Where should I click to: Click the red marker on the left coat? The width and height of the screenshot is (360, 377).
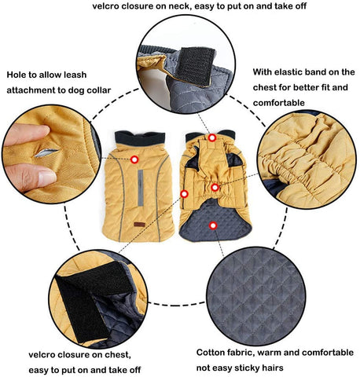(134, 159)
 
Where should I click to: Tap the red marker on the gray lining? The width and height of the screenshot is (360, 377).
(214, 225)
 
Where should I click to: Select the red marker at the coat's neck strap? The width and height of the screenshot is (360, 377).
(212, 137)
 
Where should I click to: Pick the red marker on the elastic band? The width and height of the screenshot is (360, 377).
(215, 188)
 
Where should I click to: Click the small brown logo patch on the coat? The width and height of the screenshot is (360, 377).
(139, 225)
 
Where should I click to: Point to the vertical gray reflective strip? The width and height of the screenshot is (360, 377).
(141, 188)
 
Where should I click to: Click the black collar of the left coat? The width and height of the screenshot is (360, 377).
(140, 138)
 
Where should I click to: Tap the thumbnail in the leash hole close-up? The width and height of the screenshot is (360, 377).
(47, 178)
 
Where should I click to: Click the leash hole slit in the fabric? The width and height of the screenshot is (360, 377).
(46, 153)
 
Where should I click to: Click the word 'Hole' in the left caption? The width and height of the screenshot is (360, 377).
(17, 75)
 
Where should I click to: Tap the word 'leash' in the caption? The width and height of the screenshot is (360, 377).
(74, 75)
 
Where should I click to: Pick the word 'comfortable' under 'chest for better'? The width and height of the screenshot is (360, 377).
(279, 103)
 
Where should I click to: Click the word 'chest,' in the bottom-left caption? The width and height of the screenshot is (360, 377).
(117, 355)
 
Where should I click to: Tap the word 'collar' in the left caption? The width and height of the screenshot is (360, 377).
(97, 90)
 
